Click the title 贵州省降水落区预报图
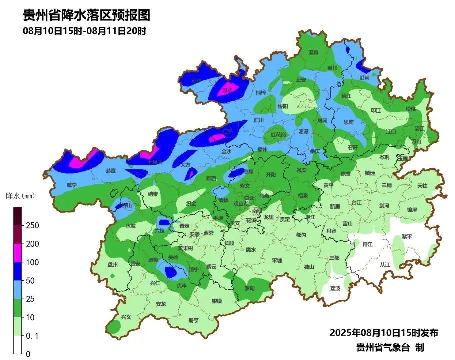87,15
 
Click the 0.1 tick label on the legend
32,336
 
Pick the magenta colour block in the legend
18,253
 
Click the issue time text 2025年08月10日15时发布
384,333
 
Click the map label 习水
228,90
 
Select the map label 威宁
71,185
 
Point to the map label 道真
313,52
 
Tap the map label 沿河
364,78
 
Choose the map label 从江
384,265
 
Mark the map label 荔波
335,288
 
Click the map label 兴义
126,317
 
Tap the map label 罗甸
249,288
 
